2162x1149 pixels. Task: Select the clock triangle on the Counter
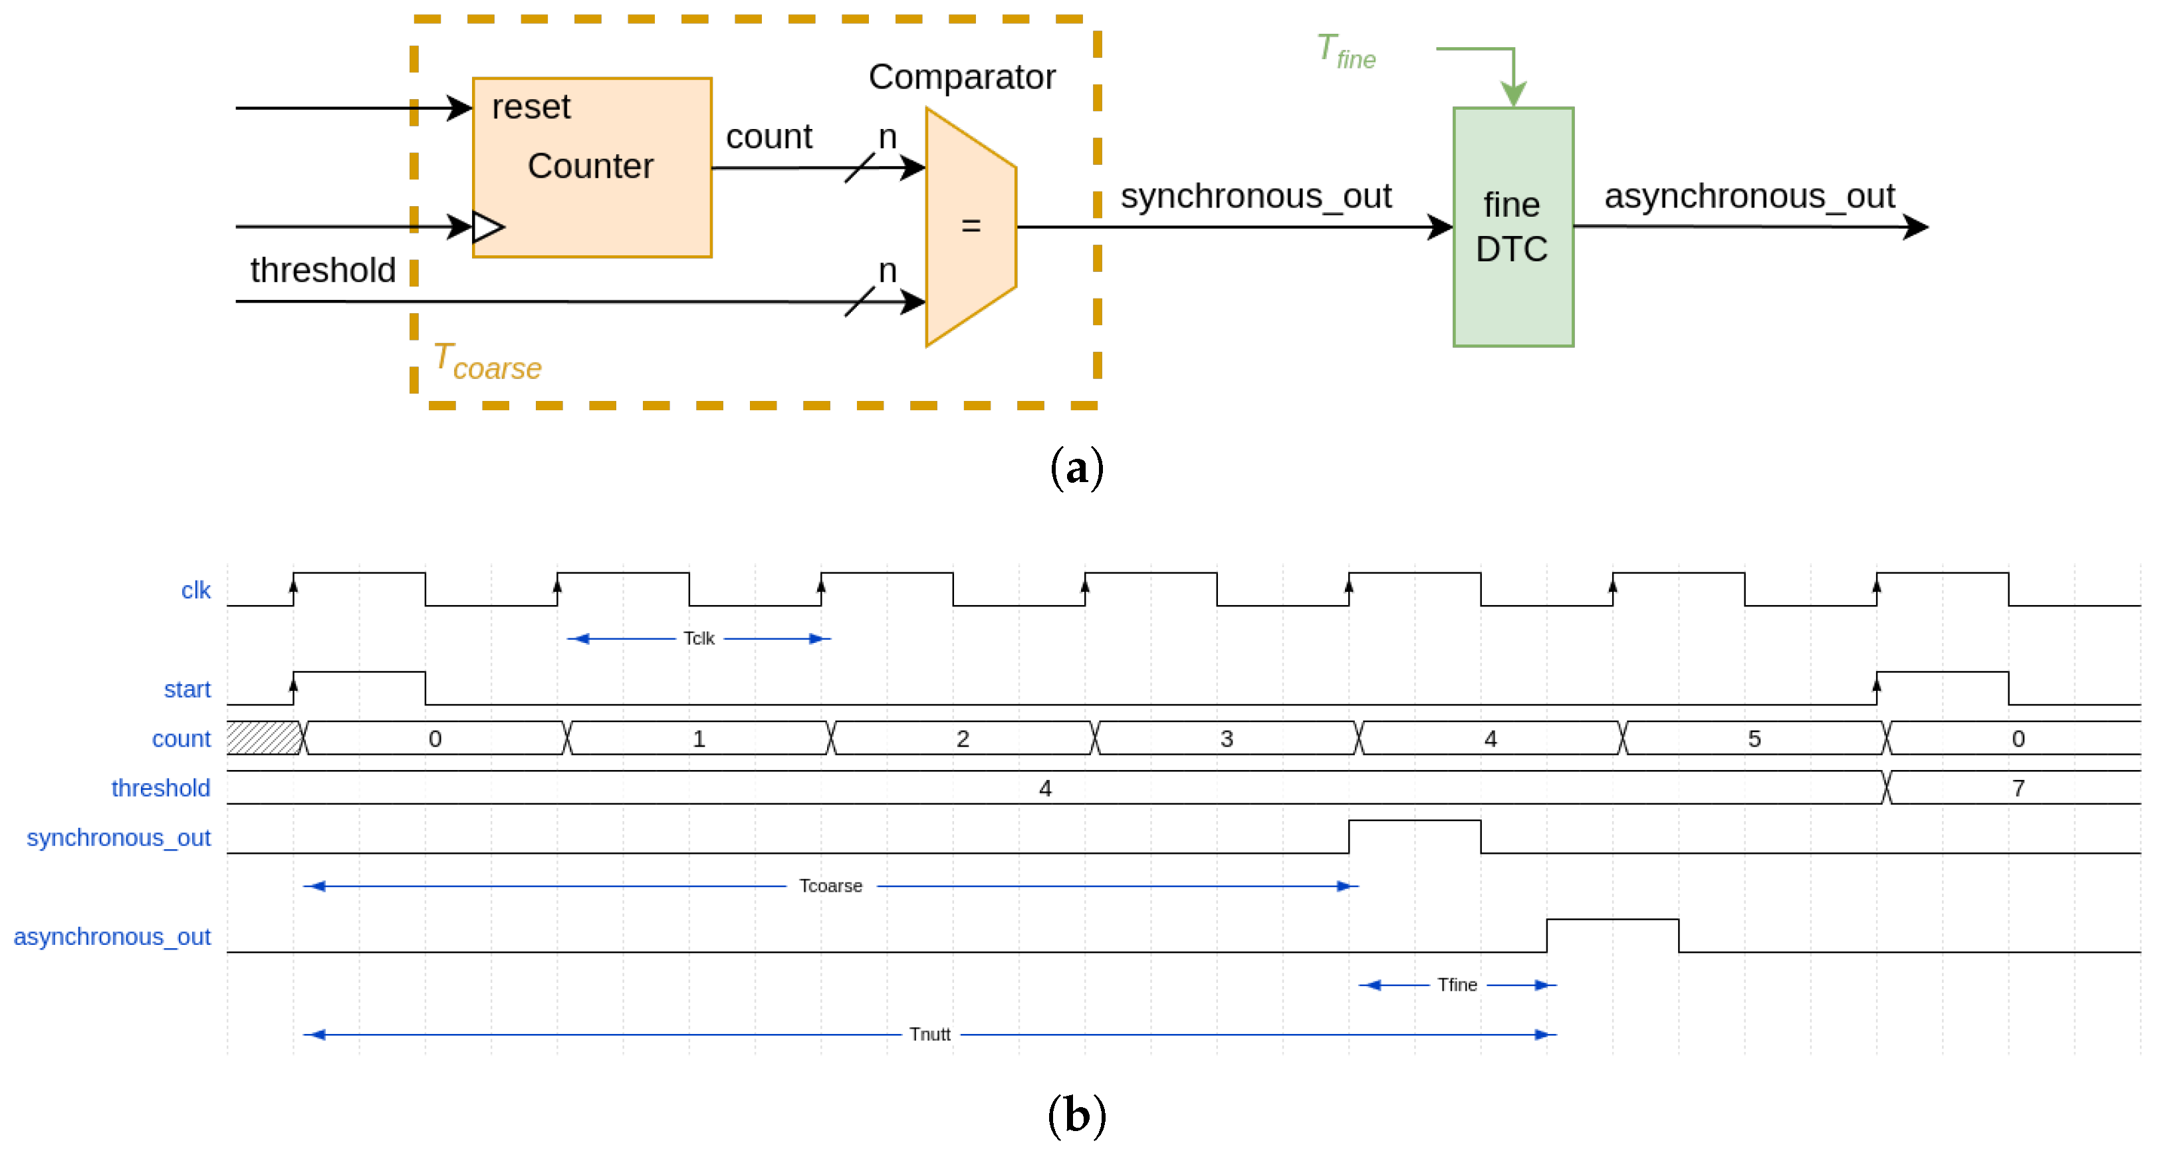pos(487,227)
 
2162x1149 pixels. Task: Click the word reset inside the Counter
pos(531,108)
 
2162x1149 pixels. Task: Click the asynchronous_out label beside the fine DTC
pos(1748,196)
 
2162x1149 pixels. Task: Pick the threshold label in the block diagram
pos(322,270)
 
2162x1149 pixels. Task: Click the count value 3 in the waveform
pos(1226,739)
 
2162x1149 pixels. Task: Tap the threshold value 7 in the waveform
pos(2018,788)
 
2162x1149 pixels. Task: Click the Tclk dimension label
pos(698,639)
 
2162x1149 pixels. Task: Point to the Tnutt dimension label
pos(929,1034)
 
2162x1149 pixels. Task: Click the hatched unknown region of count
pos(263,738)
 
